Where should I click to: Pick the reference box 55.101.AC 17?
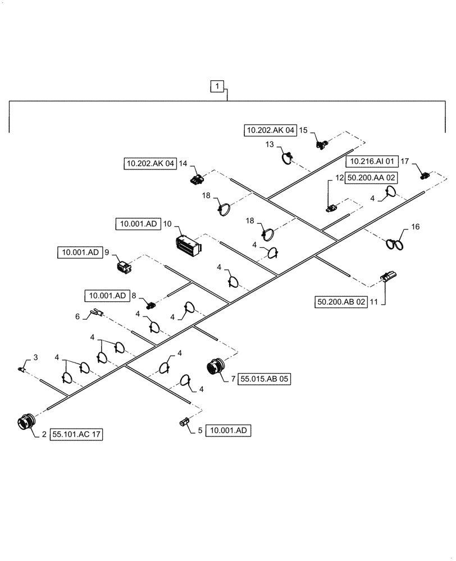coord(77,434)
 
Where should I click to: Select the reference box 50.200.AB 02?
coord(341,302)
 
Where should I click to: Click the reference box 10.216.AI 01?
coord(372,162)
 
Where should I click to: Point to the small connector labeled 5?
coord(184,422)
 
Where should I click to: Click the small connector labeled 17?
coord(425,175)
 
